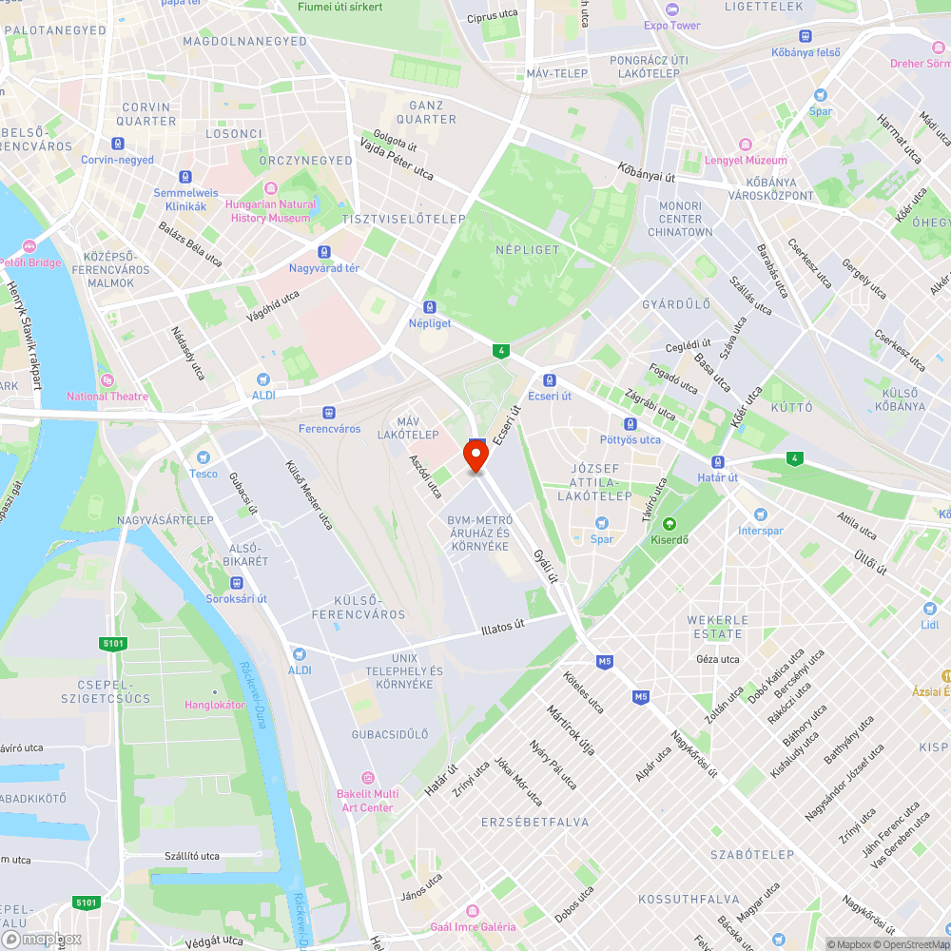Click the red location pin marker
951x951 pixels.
(x=475, y=456)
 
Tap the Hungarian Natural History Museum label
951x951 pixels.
(x=271, y=211)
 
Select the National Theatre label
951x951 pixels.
(x=107, y=397)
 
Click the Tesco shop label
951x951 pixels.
(x=204, y=473)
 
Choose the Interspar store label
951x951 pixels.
(x=761, y=530)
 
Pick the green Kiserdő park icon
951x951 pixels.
(x=669, y=523)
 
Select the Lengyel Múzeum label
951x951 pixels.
(x=746, y=161)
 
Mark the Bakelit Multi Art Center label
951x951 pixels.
(x=367, y=801)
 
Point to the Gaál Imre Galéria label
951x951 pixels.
(x=473, y=926)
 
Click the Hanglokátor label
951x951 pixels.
(x=215, y=705)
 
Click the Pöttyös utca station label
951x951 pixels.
(x=630, y=439)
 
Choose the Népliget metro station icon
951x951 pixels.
(x=430, y=307)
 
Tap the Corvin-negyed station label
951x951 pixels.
(x=117, y=160)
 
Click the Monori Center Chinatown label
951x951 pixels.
(x=680, y=219)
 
